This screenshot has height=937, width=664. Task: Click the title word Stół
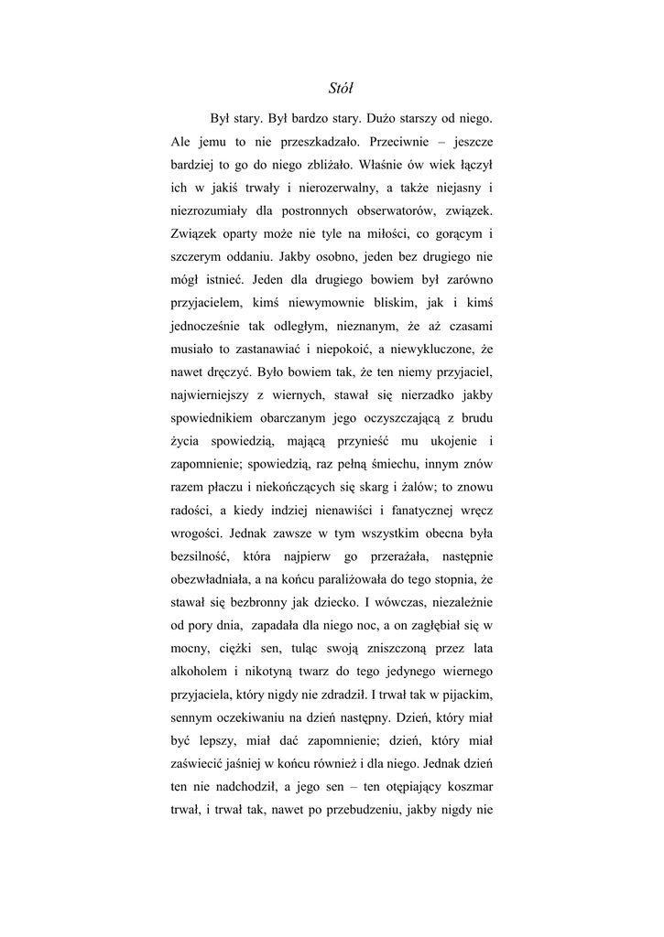(341, 89)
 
